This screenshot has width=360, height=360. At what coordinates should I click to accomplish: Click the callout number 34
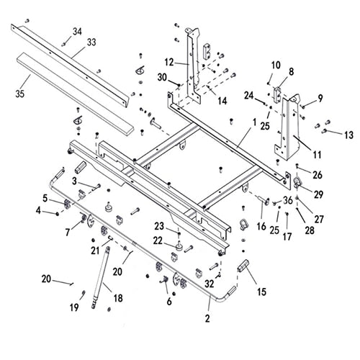click(x=78, y=31)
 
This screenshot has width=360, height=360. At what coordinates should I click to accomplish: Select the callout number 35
click(x=20, y=91)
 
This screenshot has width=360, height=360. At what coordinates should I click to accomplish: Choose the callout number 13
click(x=349, y=135)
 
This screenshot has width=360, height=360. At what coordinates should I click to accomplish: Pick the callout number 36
click(x=288, y=200)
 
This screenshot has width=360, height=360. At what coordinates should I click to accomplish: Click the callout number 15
click(x=260, y=292)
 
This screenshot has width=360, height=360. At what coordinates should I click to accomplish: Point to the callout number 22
click(x=157, y=240)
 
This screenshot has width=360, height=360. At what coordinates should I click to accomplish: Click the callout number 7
click(x=69, y=233)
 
